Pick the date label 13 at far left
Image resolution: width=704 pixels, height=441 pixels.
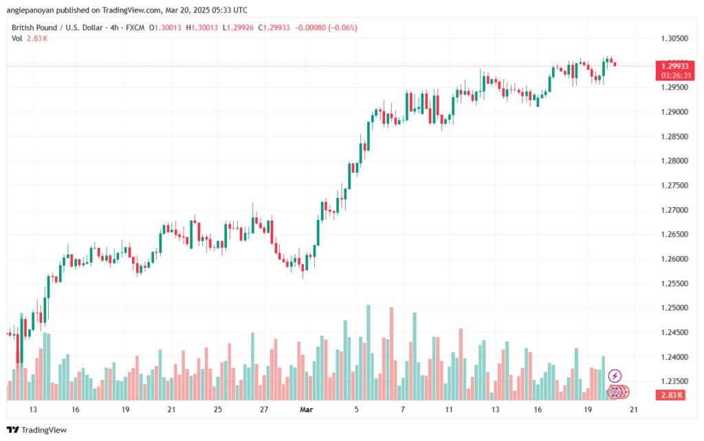click(32, 409)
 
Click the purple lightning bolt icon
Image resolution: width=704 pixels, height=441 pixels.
click(615, 376)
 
